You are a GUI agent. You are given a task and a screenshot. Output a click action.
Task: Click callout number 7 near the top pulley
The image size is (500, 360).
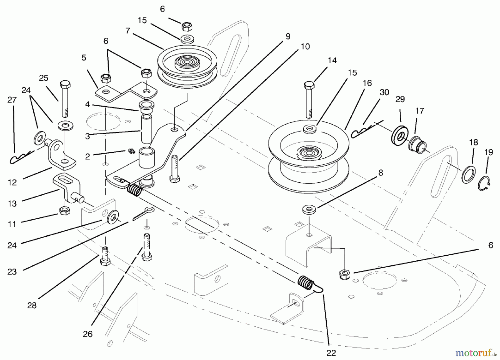(127, 31)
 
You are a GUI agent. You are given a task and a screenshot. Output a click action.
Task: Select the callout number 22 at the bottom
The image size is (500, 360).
(331, 353)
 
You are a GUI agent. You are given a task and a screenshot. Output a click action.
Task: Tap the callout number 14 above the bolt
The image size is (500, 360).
(332, 61)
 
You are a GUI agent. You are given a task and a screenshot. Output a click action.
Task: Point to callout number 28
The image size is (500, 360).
(32, 306)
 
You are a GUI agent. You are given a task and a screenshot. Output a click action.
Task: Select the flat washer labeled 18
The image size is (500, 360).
(468, 174)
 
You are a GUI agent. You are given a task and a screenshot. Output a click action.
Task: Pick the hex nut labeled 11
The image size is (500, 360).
(64, 211)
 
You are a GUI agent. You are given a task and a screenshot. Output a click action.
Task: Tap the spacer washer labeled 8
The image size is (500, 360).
(309, 209)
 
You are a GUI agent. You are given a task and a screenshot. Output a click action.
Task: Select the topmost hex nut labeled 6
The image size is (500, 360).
(187, 27)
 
